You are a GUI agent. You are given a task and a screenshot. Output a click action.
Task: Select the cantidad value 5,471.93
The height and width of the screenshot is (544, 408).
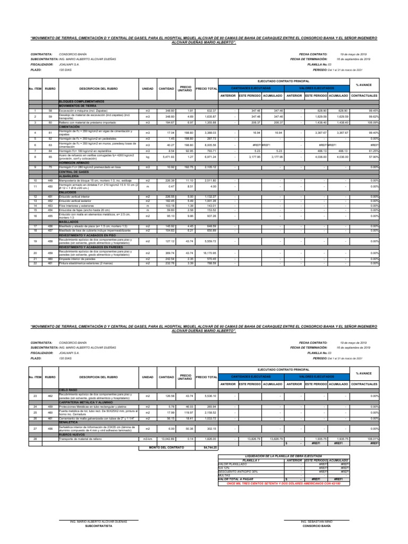coord(167,157)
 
